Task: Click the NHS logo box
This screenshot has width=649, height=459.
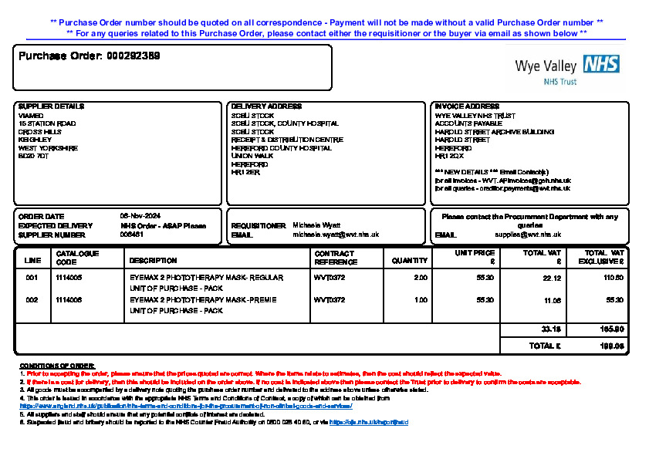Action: point(601,64)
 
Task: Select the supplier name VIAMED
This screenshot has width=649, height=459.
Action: point(31,116)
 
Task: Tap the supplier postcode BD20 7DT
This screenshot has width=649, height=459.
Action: point(33,156)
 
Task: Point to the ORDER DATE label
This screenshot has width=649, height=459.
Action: point(42,217)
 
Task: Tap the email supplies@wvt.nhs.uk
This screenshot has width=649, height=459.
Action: point(528,235)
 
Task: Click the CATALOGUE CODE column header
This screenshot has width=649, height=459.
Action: point(77,257)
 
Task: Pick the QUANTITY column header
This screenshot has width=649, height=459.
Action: point(410,261)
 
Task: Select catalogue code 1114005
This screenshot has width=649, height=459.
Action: point(69,277)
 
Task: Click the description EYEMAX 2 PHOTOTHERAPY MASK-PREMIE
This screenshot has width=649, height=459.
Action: point(203,299)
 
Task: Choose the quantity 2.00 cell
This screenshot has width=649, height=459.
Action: point(420,277)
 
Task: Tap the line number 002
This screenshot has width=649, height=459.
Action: point(32,299)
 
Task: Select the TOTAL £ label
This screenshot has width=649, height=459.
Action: point(545,346)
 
